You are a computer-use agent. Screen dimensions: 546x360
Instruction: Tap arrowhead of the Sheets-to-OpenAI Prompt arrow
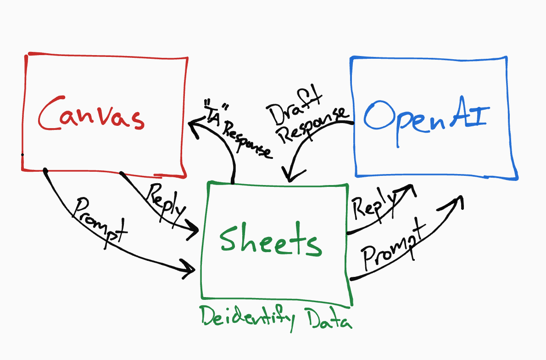pos(457,201)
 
